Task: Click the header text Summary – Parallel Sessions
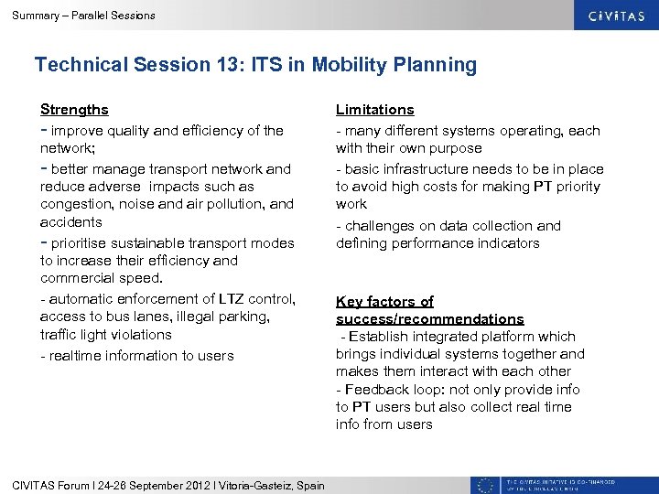(83, 16)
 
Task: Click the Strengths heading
(74, 110)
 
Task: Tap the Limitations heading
(374, 110)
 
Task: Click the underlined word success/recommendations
(429, 319)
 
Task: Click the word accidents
(71, 222)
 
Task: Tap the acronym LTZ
(231, 299)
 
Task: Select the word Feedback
(376, 390)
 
